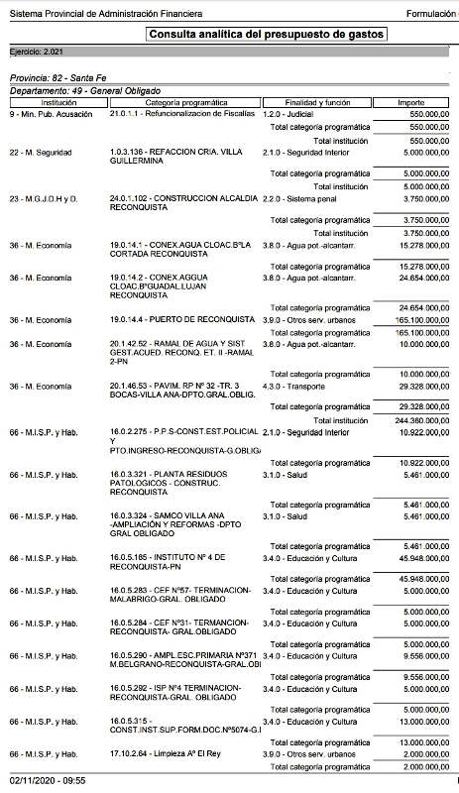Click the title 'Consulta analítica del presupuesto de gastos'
pyautogui.click(x=266, y=35)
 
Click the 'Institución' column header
pyautogui.click(x=52, y=102)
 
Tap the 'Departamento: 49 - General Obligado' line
pyautogui.click(x=83, y=90)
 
